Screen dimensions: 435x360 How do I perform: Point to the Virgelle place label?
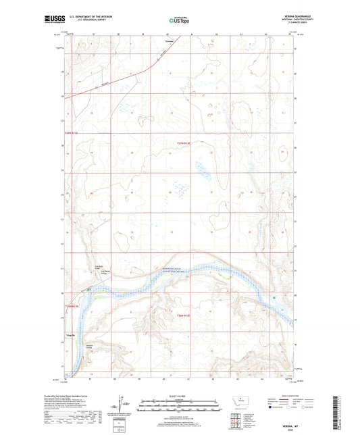(70, 336)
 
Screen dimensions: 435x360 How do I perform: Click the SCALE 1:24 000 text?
(180, 395)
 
